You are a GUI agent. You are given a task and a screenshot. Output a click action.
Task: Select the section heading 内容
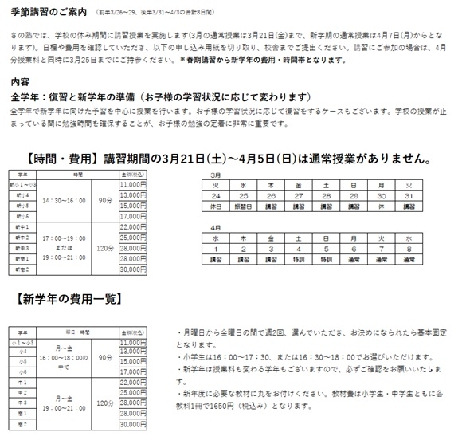tap(18, 82)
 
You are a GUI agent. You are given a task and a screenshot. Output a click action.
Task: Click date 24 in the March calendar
tap(216, 195)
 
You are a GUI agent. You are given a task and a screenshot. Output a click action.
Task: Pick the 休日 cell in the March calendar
tap(216, 205)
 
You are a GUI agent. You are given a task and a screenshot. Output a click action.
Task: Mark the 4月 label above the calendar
tap(215, 228)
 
